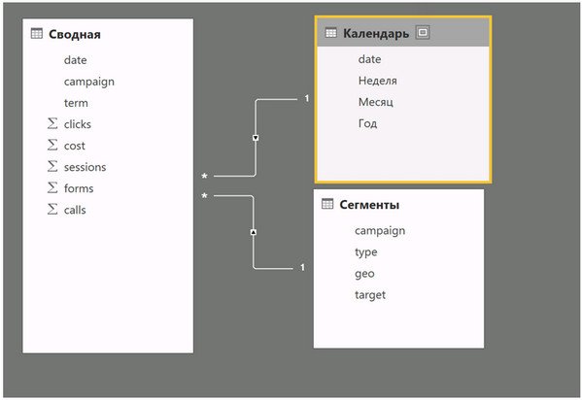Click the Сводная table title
[75, 35]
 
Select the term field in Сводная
[76, 103]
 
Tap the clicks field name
[77, 124]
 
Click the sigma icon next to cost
[52, 145]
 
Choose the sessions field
[85, 167]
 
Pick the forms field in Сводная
[79, 188]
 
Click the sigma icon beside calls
[52, 209]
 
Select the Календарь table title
[376, 33]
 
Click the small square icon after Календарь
[423, 32]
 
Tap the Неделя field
[378, 81]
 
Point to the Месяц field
[376, 102]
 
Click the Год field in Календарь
[367, 123]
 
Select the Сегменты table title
[369, 205]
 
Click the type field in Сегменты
[366, 252]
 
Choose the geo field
[364, 274]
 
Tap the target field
[370, 295]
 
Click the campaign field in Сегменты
[380, 231]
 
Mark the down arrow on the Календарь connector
[256, 138]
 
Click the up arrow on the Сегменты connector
[254, 232]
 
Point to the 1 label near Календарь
[307, 98]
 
